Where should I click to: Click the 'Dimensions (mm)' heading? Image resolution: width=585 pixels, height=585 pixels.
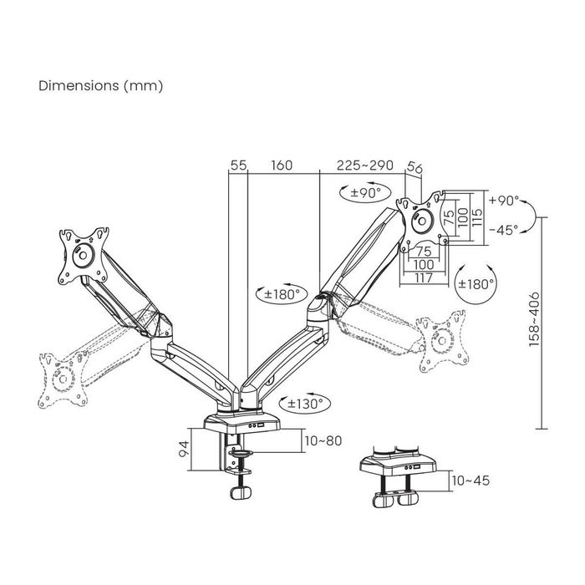pos(100,86)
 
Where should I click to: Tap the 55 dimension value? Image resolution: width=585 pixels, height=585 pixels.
pos(238,166)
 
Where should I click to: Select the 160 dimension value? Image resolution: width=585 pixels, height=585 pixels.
pos(282,166)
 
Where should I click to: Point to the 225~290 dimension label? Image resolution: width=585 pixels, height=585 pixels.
pos(364,166)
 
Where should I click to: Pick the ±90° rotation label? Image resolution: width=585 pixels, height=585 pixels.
pos(365,193)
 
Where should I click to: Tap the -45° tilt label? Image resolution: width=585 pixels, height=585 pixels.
pos(504,229)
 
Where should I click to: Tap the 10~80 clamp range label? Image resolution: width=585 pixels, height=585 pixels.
pos(323,440)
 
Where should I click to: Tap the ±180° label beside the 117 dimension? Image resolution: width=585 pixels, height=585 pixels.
pos(476,282)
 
